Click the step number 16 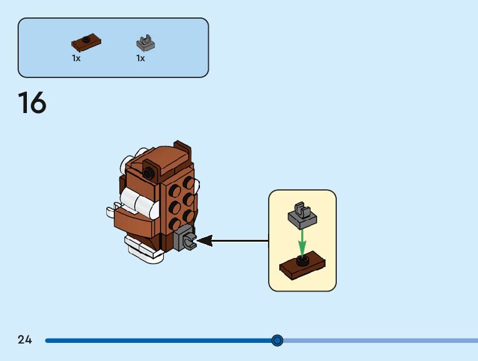point(32,103)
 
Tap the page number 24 point(25,340)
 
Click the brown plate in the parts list point(86,43)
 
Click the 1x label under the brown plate point(76,58)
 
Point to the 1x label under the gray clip point(141,58)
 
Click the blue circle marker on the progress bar point(277,340)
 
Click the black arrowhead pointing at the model point(205,240)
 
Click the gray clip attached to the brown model point(186,239)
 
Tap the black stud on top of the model point(148,173)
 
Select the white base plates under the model point(140,248)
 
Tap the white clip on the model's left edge point(123,166)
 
